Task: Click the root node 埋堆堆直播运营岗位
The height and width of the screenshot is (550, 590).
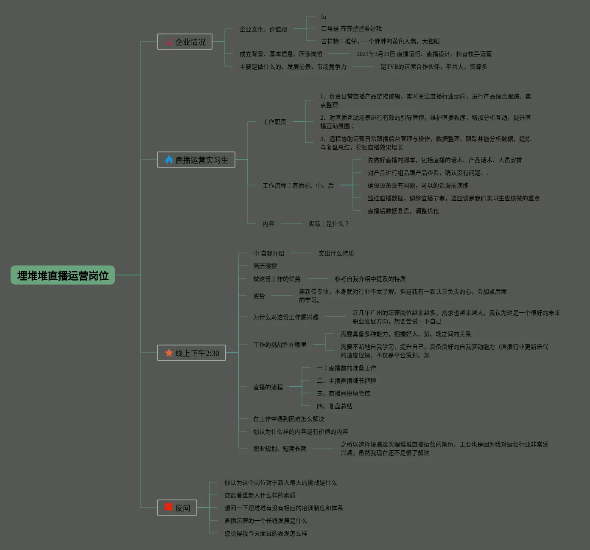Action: (x=63, y=275)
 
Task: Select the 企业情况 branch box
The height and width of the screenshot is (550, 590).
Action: (x=185, y=42)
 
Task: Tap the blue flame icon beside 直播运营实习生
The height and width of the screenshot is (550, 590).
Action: (x=169, y=160)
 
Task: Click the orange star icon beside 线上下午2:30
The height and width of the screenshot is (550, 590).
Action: (x=169, y=353)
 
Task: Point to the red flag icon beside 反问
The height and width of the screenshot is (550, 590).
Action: (x=169, y=507)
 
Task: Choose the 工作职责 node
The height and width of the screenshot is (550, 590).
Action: (x=274, y=122)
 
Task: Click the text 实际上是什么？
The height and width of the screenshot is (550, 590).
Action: (x=328, y=224)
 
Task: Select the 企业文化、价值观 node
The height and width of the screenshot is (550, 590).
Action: (x=263, y=29)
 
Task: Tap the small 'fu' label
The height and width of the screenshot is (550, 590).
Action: (x=324, y=17)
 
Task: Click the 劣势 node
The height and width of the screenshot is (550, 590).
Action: (x=259, y=296)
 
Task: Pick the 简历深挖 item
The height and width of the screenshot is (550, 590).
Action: (x=265, y=266)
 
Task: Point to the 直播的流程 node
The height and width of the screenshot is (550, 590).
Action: (x=268, y=387)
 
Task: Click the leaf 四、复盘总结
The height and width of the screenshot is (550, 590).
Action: (x=334, y=406)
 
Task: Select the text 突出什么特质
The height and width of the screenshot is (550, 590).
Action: (x=336, y=253)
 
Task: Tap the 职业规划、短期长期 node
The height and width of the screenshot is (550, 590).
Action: (x=280, y=449)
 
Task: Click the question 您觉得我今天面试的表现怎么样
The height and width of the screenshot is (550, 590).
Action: (x=266, y=533)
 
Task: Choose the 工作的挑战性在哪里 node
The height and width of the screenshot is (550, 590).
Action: (x=280, y=345)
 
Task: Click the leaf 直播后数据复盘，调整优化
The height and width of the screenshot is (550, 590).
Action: (x=403, y=211)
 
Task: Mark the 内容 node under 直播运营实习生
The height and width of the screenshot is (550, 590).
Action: (x=268, y=224)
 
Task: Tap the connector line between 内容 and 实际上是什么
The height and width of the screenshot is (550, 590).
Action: (x=291, y=223)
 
